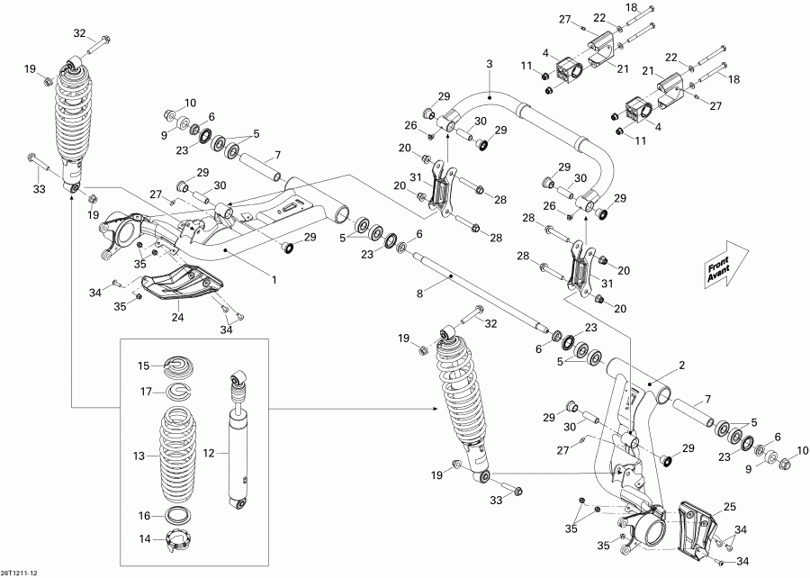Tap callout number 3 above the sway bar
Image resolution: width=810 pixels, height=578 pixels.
pos(489,64)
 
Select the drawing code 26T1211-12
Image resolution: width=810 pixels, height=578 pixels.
pos(21,572)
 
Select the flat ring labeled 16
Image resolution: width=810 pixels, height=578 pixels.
pos(175,516)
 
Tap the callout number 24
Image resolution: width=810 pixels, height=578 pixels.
pos(176,316)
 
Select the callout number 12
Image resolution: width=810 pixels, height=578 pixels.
pos(210,453)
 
